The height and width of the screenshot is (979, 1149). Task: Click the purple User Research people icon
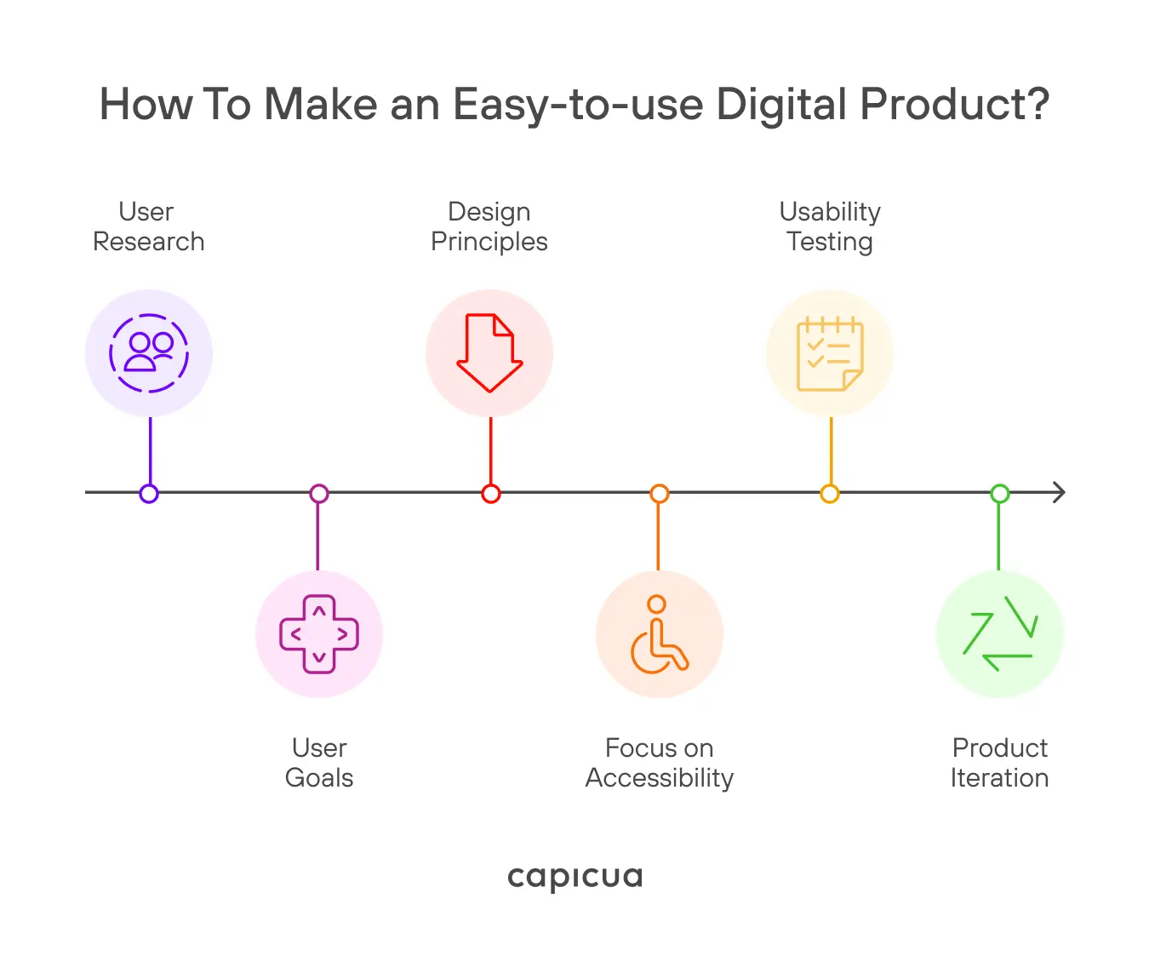(x=149, y=353)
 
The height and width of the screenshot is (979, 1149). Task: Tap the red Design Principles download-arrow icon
(x=489, y=353)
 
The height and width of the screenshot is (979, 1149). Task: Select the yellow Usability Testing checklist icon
(x=830, y=353)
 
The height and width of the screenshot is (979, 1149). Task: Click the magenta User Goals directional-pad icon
(x=319, y=634)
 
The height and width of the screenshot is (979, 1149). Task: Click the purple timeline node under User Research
(x=149, y=494)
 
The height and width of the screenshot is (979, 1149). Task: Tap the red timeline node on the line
(x=490, y=494)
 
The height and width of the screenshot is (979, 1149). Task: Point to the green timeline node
(x=1000, y=494)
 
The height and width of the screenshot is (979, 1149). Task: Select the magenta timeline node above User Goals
(x=319, y=494)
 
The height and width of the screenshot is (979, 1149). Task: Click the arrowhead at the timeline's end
(x=1059, y=492)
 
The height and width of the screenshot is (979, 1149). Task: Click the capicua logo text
(x=574, y=877)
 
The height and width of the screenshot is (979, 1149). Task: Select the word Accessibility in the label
(x=660, y=778)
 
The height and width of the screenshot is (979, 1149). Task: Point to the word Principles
(x=489, y=242)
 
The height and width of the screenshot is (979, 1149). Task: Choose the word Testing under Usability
(x=830, y=242)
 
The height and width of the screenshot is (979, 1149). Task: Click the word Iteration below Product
(x=1000, y=778)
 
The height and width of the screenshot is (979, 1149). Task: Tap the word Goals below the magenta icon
(x=319, y=778)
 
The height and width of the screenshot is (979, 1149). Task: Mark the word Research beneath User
(x=149, y=242)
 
